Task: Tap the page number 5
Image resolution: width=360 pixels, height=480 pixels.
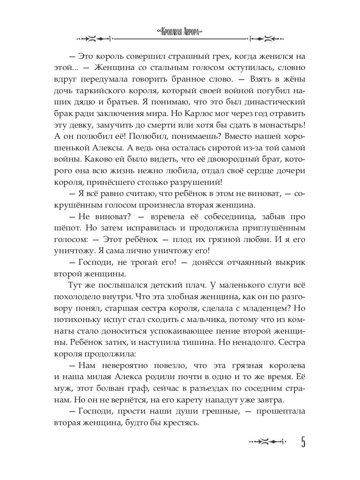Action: [x=303, y=443]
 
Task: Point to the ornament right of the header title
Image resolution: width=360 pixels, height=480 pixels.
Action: [x=266, y=39]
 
